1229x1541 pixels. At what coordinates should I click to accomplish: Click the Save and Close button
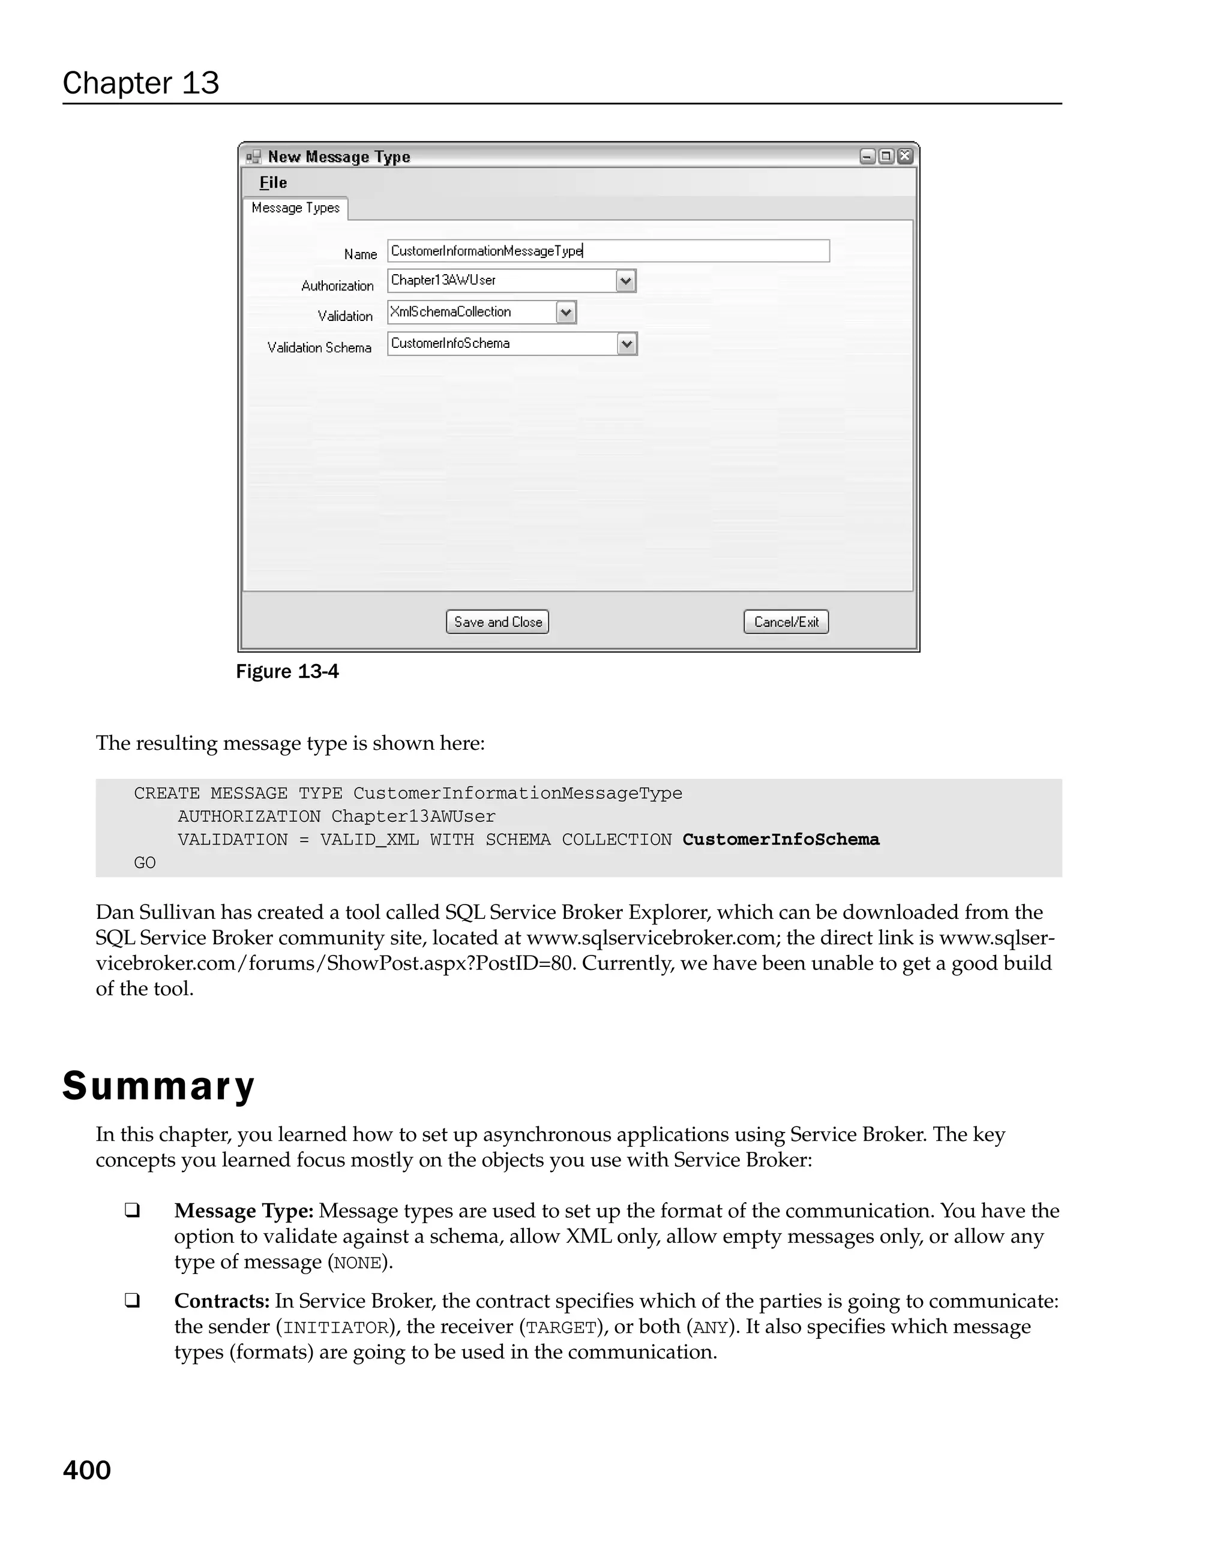497,622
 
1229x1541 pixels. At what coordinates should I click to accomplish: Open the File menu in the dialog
273,183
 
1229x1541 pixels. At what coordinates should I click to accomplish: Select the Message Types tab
295,208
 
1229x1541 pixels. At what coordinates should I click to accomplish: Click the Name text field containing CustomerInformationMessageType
608,251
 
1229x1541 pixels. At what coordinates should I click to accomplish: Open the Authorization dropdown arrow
625,281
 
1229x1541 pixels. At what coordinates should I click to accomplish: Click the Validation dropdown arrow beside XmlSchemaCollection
565,313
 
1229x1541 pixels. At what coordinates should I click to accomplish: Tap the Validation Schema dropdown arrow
627,344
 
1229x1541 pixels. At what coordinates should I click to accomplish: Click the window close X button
905,157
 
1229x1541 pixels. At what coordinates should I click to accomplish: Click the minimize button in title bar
867,157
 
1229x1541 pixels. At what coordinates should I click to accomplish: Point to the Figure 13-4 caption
287,672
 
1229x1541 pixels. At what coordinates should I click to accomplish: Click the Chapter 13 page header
141,83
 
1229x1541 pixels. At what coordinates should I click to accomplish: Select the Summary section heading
158,1086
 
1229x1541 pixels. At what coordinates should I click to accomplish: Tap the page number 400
86,1470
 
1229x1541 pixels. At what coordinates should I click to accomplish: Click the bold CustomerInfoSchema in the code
780,839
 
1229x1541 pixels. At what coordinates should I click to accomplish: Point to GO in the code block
145,863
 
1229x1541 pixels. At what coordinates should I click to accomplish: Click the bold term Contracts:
221,1301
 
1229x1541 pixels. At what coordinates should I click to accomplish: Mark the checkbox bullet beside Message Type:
132,1210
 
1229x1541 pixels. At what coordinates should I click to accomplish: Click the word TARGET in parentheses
561,1327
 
